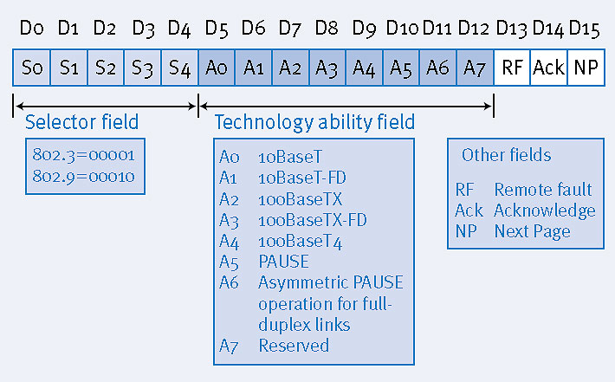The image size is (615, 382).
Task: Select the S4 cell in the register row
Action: pyautogui.click(x=178, y=68)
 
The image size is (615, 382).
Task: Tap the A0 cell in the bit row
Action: pyautogui.click(x=216, y=68)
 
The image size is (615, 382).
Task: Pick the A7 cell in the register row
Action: pyautogui.click(x=475, y=68)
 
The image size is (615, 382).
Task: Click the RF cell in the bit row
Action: pyautogui.click(x=512, y=68)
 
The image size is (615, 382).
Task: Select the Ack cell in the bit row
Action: pyautogui.click(x=548, y=68)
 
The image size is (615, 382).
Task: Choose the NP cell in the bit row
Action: pyautogui.click(x=586, y=68)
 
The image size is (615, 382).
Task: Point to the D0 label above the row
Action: pyautogui.click(x=31, y=28)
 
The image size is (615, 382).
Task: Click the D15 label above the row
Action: pyautogui.click(x=586, y=28)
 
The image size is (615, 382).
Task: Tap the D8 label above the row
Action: pyautogui.click(x=327, y=28)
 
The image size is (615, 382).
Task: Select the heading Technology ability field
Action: pyautogui.click(x=314, y=122)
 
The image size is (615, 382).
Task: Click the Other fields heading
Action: pyautogui.click(x=506, y=155)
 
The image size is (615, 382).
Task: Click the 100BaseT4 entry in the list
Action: pyautogui.click(x=300, y=241)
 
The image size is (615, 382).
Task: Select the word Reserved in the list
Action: pyautogui.click(x=294, y=345)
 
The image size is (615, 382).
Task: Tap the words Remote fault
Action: pyautogui.click(x=542, y=190)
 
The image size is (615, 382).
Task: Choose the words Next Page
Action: pyautogui.click(x=532, y=231)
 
